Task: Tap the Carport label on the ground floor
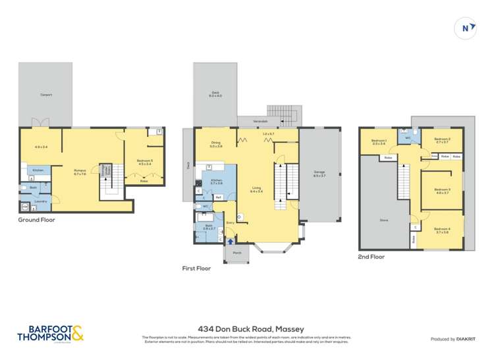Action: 46,95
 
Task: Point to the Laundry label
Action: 30,201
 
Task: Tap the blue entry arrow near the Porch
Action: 229,242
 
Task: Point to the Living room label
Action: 256,188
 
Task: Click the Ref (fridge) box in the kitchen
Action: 217,197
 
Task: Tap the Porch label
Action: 236,253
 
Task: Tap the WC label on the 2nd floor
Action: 408,138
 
